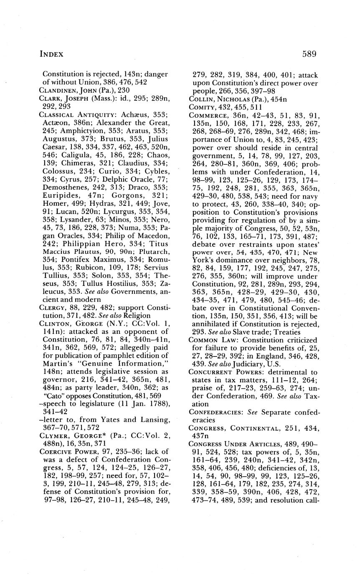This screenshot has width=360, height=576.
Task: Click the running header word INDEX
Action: pyautogui.click(x=51, y=54)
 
